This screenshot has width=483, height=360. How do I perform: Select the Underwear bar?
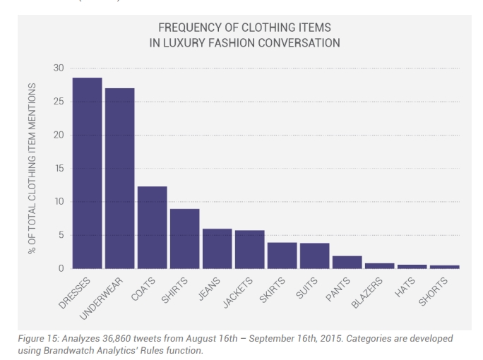pyautogui.click(x=119, y=178)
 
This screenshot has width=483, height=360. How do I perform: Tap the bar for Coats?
pyautogui.click(x=152, y=227)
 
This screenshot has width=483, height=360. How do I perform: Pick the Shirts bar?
pyautogui.click(x=184, y=239)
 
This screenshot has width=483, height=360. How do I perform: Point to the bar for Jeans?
pyautogui.click(x=217, y=248)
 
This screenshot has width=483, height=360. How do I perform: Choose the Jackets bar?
pyautogui.click(x=249, y=249)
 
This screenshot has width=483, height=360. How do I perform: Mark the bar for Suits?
pyautogui.click(x=314, y=256)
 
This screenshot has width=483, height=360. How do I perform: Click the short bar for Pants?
pyautogui.click(x=347, y=262)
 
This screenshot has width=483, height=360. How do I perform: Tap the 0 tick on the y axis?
pyautogui.click(x=61, y=268)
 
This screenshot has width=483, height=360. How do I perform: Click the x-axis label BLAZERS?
pyautogui.click(x=368, y=292)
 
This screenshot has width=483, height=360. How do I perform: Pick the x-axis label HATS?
pyautogui.click(x=406, y=287)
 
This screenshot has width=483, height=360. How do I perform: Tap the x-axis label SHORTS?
pyautogui.click(x=434, y=291)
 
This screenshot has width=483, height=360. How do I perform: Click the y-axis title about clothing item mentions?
pyautogui.click(x=32, y=168)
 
